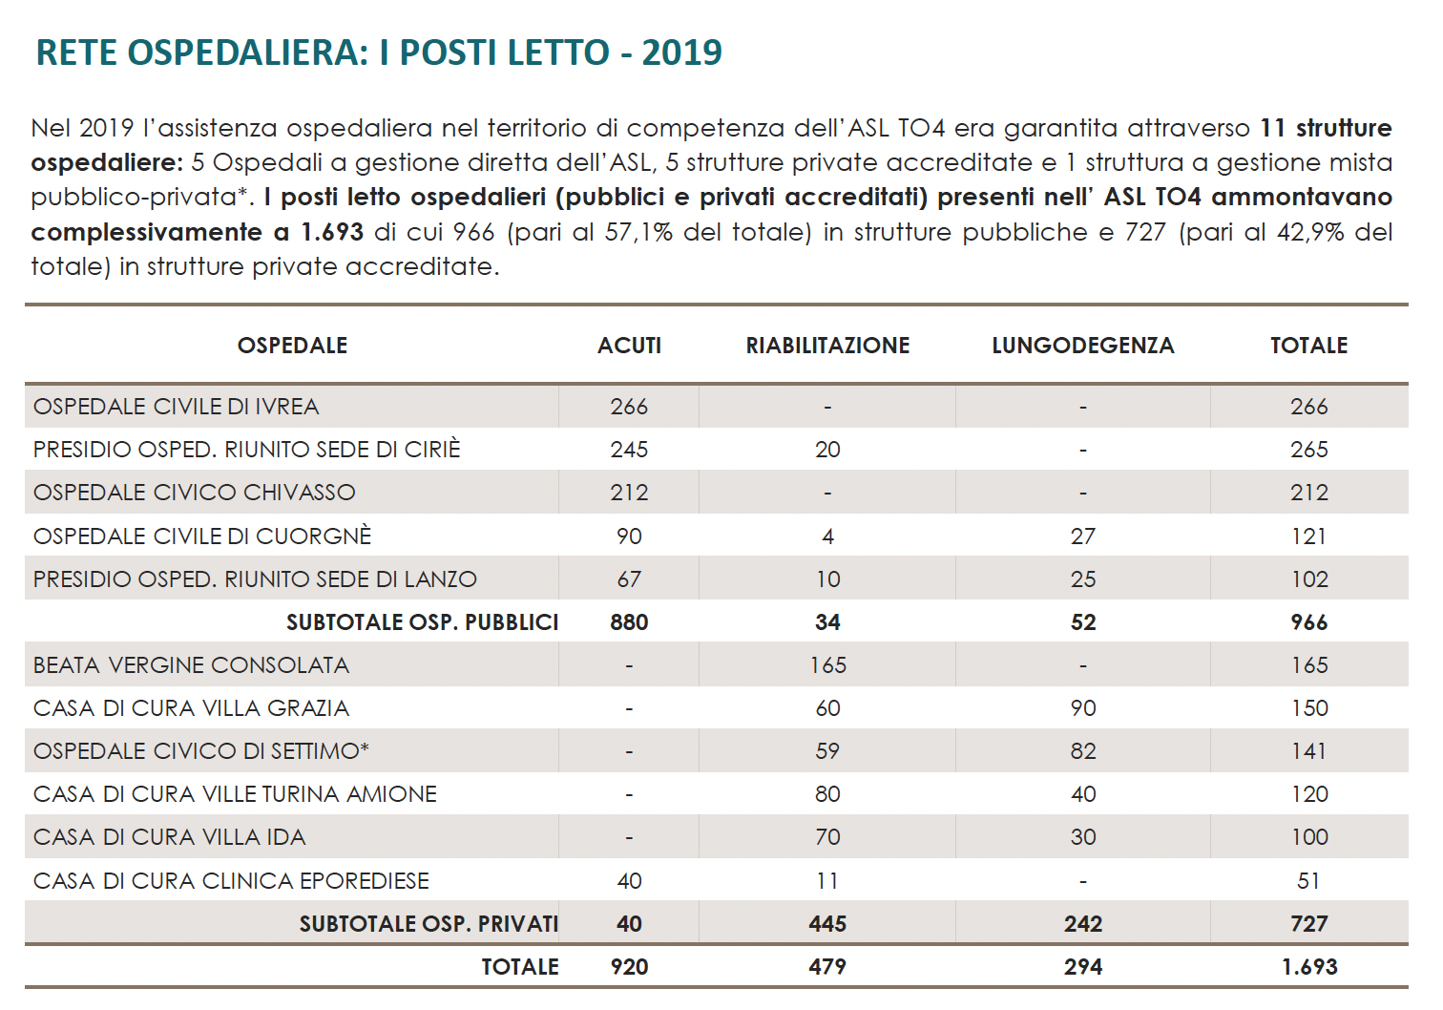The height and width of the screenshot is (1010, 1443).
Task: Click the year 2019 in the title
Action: [x=681, y=53]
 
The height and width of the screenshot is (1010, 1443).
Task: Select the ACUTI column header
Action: [x=629, y=346]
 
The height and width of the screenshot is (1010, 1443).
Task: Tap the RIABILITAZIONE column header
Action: [x=827, y=346]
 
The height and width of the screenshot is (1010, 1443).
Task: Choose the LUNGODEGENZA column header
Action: [x=1082, y=346]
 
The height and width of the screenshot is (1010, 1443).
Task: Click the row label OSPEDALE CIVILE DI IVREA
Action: [x=177, y=407]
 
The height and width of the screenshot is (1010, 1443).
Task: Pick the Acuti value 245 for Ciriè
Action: [x=629, y=450]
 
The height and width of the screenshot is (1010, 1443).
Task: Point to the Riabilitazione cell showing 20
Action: [x=827, y=450]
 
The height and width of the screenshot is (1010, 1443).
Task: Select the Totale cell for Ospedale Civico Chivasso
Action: [x=1308, y=493]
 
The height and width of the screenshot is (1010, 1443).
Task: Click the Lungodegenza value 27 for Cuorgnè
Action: [x=1082, y=537]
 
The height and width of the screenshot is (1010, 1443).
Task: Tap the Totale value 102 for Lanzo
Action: [x=1308, y=579]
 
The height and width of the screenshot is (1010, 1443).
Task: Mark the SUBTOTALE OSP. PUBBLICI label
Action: [x=422, y=622]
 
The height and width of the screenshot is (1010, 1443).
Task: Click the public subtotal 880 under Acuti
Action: [x=629, y=622]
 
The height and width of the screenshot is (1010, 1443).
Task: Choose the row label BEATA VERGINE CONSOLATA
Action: [x=191, y=665]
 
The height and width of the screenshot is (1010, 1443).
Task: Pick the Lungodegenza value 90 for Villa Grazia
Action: [x=1082, y=708]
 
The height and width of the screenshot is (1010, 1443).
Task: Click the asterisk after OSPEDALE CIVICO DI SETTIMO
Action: [x=365, y=748]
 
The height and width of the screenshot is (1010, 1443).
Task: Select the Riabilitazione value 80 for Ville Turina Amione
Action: [x=827, y=794]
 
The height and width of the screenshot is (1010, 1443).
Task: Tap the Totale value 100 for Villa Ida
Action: [x=1308, y=837]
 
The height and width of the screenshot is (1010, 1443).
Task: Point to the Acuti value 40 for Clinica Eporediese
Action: [x=629, y=881]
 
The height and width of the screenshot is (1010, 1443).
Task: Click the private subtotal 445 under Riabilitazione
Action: [x=827, y=924]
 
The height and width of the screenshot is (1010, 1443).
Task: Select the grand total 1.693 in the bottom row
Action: [x=1308, y=967]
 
